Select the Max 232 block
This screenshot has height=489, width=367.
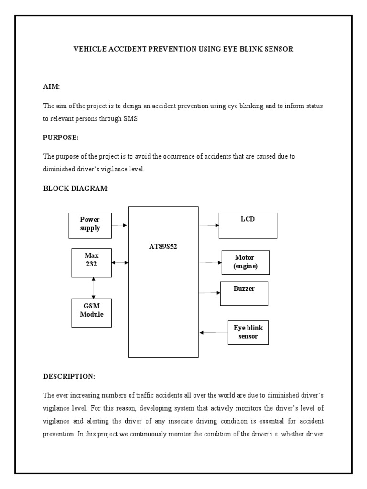(91, 263)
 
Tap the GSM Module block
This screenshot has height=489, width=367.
(91, 313)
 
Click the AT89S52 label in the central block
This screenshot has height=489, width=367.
(163, 247)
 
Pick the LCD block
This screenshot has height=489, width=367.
(248, 225)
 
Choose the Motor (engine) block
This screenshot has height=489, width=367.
(245, 262)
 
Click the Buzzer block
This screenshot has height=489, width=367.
(244, 293)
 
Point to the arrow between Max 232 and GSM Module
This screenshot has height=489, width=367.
(94, 288)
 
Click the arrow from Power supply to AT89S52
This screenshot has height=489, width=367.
(120, 225)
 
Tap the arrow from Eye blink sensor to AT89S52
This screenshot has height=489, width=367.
(213, 332)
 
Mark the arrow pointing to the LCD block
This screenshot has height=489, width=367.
(208, 225)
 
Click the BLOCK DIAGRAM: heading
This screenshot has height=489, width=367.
(76, 188)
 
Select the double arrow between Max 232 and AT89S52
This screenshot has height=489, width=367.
(119, 262)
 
